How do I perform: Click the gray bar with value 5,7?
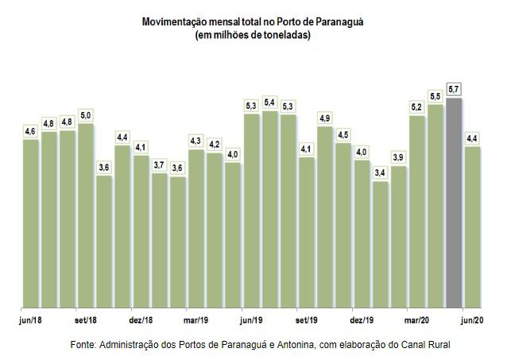point(454,203)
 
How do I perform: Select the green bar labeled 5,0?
point(86,215)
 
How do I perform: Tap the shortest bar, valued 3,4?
point(380,244)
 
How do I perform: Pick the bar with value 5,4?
point(269,209)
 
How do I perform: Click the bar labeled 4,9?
point(325,217)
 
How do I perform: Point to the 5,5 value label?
point(435,96)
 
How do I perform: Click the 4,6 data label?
point(30,131)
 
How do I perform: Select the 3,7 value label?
point(159,165)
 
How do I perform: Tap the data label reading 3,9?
point(398,157)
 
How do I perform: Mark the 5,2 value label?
point(416,106)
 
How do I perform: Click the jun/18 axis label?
point(30,320)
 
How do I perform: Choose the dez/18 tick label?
point(141,320)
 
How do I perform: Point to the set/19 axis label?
point(306,320)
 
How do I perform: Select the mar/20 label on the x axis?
point(416,320)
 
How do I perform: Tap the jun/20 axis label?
point(472,320)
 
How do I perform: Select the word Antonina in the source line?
point(295,345)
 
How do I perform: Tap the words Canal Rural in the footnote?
point(425,345)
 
